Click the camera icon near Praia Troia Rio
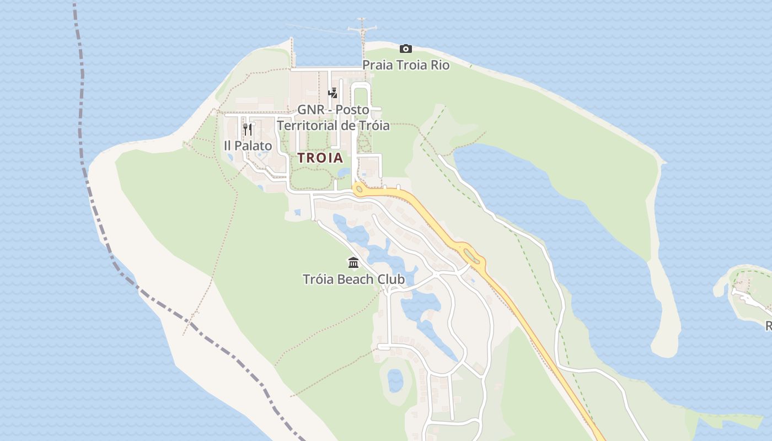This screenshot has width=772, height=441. coord(405,49)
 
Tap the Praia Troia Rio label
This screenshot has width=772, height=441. coord(405,65)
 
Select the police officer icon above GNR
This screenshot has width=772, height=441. coord(333,93)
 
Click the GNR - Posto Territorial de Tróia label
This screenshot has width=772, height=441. coord(333,117)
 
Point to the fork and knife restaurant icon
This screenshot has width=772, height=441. coord(248,130)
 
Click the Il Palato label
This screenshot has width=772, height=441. coord(248,146)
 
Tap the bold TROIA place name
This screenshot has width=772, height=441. coord(320,158)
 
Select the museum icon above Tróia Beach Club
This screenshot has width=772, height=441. coord(353,262)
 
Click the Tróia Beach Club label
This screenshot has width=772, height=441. coord(353,279)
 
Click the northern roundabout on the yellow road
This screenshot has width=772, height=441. coord(360,190)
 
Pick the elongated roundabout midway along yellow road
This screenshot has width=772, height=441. coord(471,255)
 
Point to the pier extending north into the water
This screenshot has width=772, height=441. coord(362,33)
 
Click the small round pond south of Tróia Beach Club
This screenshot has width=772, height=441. coord(395,380)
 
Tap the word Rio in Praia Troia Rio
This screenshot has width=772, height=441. coord(439,65)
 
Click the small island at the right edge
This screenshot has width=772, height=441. coord(747,292)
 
